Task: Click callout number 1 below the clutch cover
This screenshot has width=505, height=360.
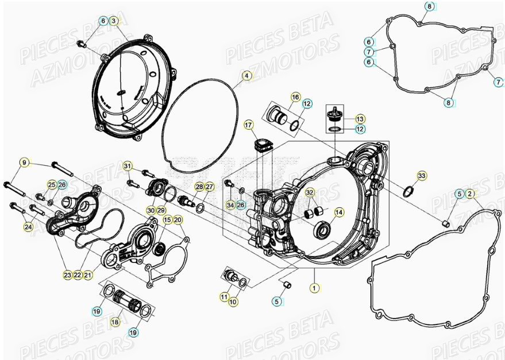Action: (314, 285)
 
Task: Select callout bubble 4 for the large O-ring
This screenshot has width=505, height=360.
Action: (246, 75)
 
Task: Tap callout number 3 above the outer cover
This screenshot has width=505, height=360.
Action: (114, 21)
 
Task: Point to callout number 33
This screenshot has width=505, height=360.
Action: (422, 175)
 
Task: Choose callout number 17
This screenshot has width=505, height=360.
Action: (248, 125)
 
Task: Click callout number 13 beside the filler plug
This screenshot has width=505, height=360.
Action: (360, 119)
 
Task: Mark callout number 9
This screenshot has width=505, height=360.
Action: (24, 163)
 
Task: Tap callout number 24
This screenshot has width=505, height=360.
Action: (28, 227)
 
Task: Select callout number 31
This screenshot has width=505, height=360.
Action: (128, 167)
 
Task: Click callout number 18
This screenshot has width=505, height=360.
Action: (115, 322)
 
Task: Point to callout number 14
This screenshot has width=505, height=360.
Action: (339, 212)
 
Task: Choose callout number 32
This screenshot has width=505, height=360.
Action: (310, 192)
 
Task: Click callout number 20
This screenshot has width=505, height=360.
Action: (178, 220)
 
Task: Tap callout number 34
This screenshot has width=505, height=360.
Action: (230, 205)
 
